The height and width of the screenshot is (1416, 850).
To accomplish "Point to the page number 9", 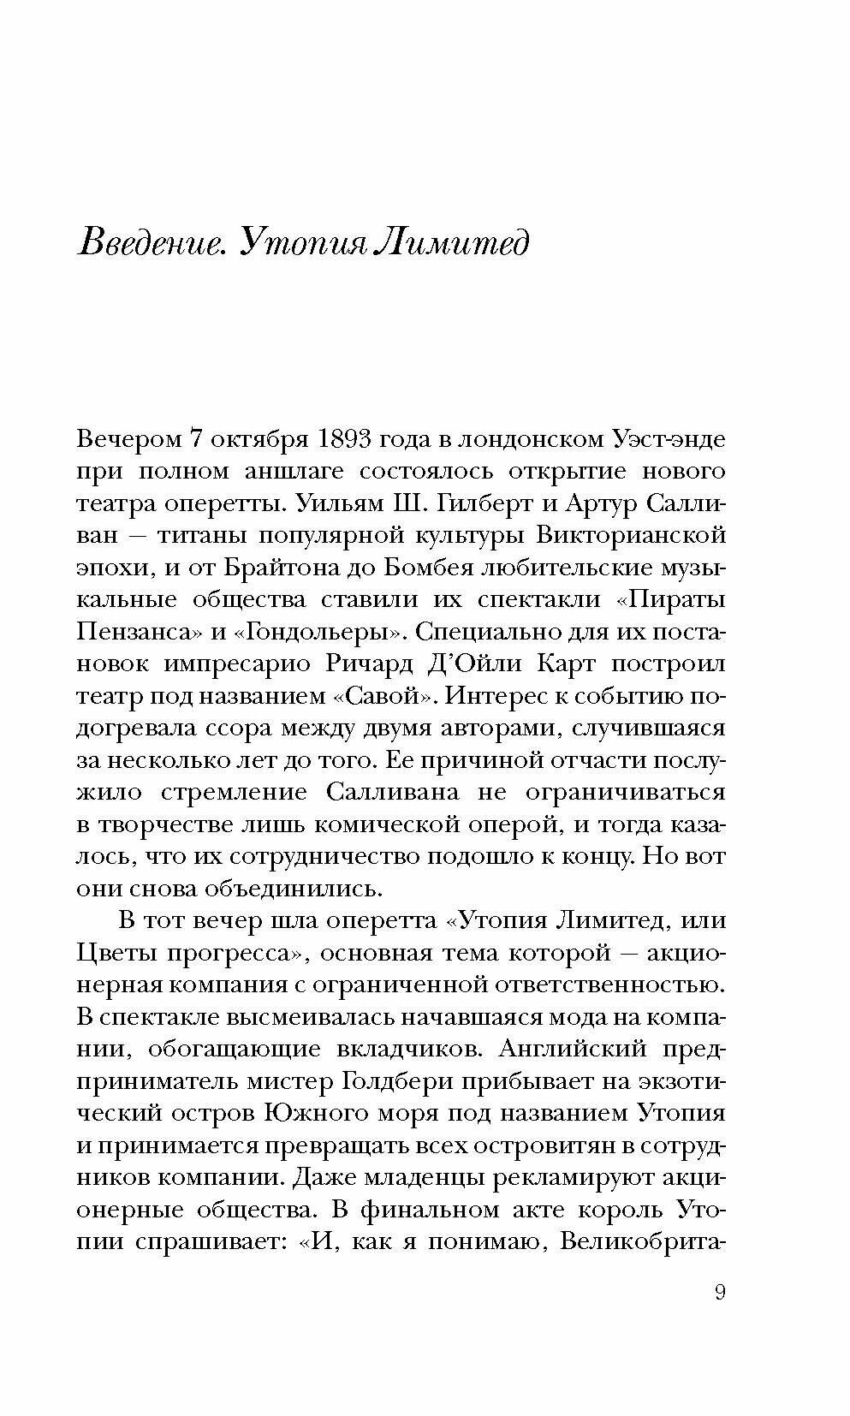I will click(720, 1292).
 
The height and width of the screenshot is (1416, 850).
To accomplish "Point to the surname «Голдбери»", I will click(395, 1081).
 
